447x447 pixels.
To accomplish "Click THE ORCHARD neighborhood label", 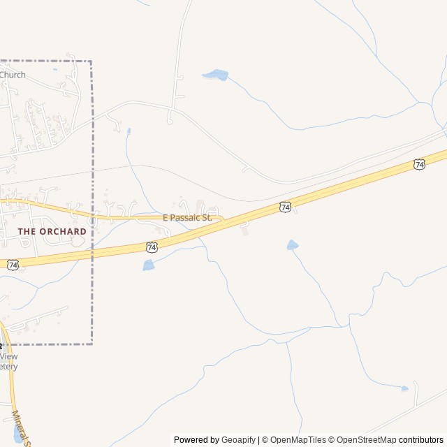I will tap(52, 231).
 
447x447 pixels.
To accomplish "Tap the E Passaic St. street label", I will tap(187, 218).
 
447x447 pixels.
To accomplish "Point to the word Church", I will tap(13, 75).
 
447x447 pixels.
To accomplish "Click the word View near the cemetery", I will tap(9, 356).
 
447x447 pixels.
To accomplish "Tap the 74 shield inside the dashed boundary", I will tap(13, 265).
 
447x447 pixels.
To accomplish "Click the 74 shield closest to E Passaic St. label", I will tap(152, 247).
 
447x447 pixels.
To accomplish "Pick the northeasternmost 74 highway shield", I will tap(418, 164).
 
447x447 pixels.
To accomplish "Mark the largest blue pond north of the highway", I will tap(215, 75).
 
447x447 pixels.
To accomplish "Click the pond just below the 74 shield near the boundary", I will tap(148, 265).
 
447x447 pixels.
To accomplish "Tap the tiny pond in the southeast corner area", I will tap(404, 388).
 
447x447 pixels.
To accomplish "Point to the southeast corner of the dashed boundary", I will tap(92, 344).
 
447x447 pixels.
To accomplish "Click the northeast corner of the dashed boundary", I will tap(91, 61).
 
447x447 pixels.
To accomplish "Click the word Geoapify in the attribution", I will tap(239, 440).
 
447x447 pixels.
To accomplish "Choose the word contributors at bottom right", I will tap(421, 440).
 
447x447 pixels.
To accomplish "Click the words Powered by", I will tap(196, 440).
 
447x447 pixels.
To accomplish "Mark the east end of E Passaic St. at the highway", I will tap(223, 219).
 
